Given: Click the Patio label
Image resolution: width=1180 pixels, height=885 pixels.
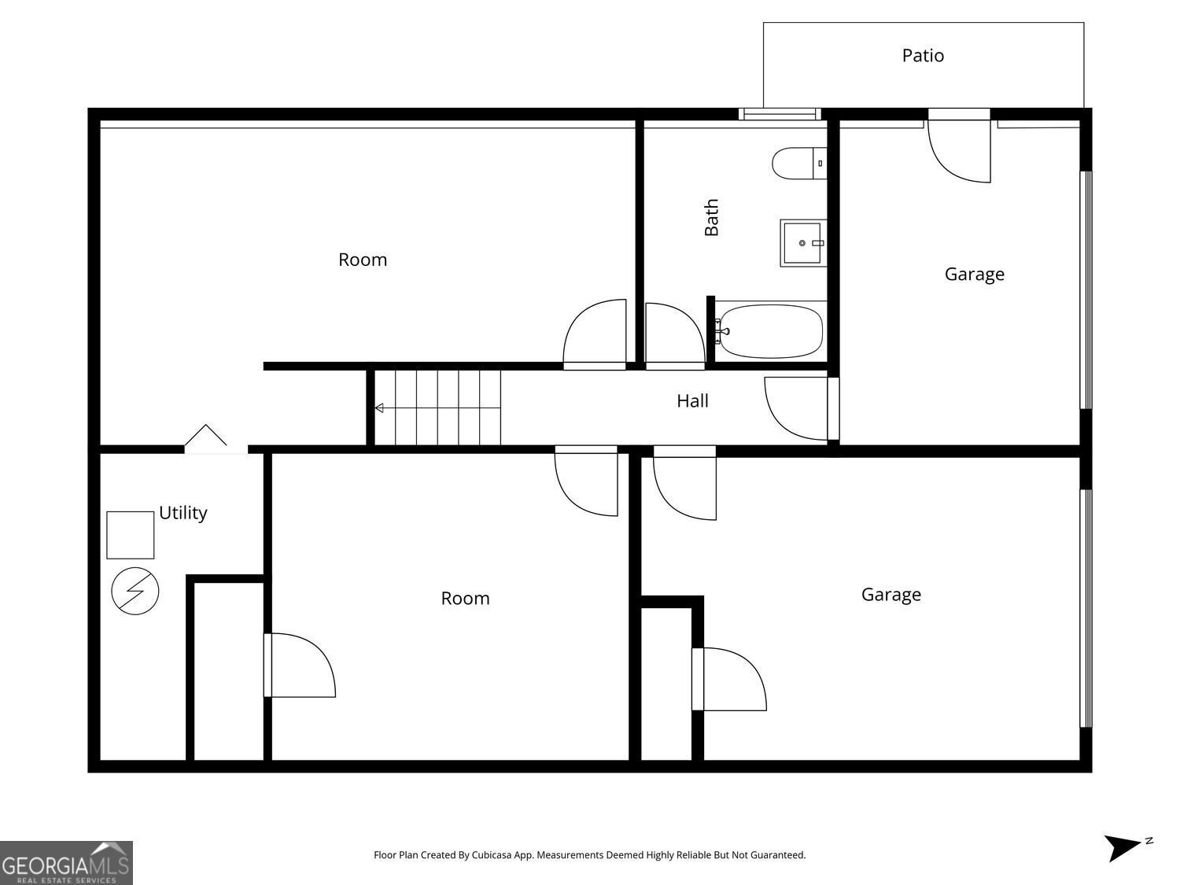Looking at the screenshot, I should pos(923,56).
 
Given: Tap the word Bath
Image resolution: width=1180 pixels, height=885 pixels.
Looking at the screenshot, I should pos(712,217).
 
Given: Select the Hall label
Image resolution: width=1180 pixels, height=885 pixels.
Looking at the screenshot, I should pos(692,401).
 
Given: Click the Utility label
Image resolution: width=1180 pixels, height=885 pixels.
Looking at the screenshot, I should pos(183,513).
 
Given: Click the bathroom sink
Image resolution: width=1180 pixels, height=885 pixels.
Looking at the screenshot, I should pos(803,243).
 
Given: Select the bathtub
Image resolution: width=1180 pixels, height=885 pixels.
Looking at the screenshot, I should pos(771,330).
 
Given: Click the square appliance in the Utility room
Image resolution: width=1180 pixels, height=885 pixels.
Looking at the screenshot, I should pos(131,535).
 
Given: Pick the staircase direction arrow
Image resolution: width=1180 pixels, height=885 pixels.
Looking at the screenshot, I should pos(379,407).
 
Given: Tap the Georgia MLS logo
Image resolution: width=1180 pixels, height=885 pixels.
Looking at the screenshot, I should pos(66,862).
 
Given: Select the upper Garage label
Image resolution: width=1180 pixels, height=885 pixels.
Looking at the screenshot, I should pos(974,275).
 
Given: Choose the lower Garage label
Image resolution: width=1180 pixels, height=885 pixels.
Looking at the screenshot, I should pos(891,595).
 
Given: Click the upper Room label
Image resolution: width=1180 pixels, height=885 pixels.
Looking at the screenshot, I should pos(363,260).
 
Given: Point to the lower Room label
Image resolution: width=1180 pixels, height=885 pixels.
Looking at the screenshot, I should pos(465,599).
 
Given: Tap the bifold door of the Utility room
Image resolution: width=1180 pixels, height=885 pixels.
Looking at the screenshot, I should pos(206,437).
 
